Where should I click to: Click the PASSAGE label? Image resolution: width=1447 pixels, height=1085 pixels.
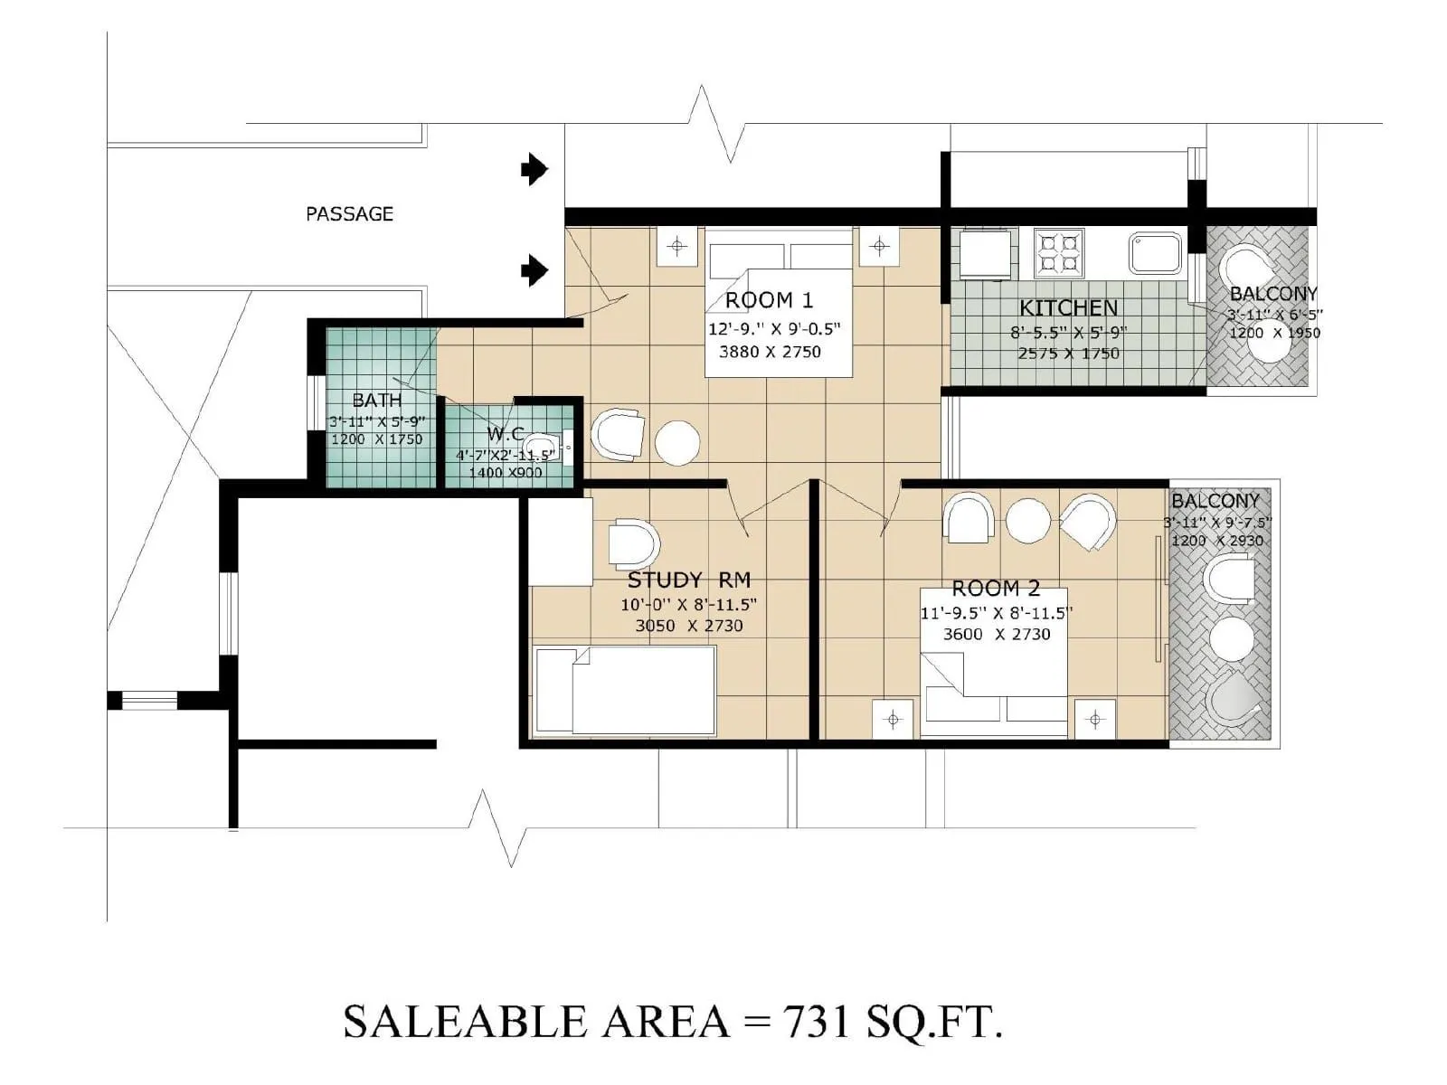pos(349,214)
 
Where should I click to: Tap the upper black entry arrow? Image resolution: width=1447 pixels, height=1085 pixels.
pos(534,169)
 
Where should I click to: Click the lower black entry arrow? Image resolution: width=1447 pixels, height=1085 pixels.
pos(534,269)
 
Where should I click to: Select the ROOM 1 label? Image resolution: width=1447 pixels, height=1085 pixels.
pos(769,300)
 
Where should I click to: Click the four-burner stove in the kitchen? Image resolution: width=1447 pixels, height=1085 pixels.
pos(1058,252)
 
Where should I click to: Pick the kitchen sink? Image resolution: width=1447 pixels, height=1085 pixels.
pos(1154,252)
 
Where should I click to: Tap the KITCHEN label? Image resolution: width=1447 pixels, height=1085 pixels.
pos(1068,308)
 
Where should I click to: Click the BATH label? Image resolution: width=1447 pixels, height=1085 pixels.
pos(376,400)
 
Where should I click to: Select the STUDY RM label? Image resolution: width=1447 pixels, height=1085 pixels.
pos(689,580)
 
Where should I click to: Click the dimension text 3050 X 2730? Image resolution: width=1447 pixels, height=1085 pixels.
pos(689,626)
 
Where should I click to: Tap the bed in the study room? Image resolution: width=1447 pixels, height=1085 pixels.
pos(624,690)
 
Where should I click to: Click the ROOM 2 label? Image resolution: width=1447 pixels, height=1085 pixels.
pos(996,589)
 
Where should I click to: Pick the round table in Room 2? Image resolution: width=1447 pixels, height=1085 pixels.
pos(1028,521)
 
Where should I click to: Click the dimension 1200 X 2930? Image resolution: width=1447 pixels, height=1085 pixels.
pos(1217,541)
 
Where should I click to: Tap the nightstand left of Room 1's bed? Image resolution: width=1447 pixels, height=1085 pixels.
pos(677,247)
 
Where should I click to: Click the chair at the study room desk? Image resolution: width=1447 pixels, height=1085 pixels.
pos(633,544)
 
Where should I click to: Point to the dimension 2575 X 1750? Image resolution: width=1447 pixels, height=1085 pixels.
pos(1068,354)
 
